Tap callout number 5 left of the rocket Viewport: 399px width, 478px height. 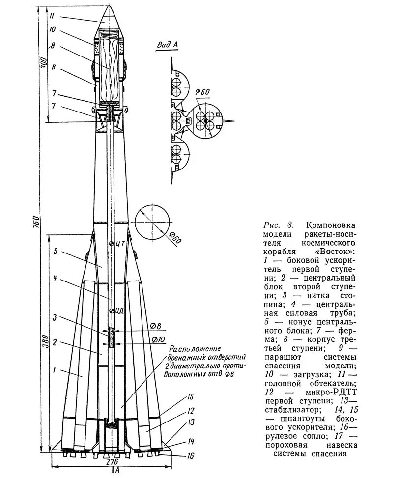coord(56,251)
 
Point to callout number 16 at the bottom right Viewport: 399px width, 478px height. coord(192,455)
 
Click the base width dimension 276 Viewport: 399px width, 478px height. coord(113,462)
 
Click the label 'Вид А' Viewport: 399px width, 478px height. coord(167,45)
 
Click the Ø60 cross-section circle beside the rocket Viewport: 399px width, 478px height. coord(152,221)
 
